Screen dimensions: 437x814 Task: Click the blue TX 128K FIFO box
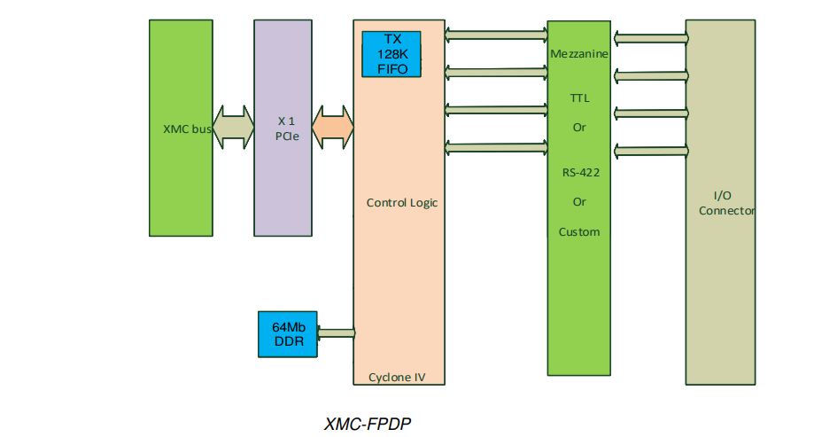391,54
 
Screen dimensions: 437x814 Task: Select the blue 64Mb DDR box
287,334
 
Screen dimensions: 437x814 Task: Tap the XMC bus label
187,129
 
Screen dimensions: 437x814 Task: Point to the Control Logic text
401,202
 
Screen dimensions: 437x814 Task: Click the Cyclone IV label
396,377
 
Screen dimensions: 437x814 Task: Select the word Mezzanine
578,54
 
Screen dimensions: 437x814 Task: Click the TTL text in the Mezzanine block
579,98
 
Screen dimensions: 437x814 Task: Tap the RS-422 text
579,173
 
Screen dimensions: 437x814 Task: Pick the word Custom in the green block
579,231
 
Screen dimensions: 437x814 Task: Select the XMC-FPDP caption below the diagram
368,424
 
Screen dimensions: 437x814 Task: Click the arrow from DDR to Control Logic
336,334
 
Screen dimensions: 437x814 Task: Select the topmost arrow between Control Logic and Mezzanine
496,35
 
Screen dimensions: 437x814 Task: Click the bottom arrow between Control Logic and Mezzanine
496,146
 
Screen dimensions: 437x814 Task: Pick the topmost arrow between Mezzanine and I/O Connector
649,38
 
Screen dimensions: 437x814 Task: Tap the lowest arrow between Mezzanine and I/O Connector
649,150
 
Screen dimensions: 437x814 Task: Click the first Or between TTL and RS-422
579,127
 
